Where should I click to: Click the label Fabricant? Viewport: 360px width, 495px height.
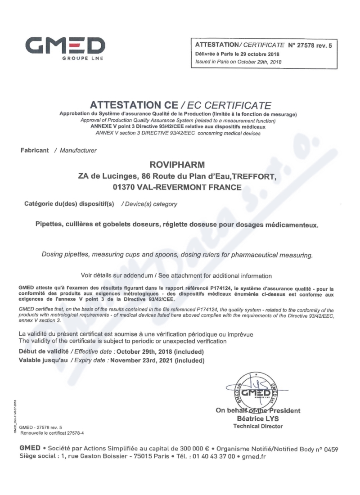(x=35, y=150)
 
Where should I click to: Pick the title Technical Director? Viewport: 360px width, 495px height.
(x=258, y=426)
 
